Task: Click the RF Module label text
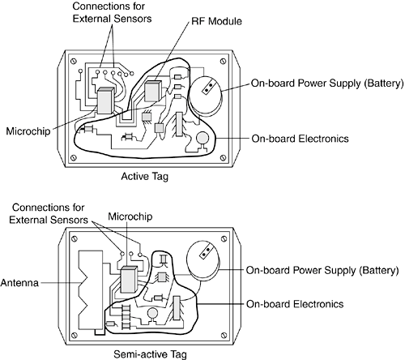(216, 21)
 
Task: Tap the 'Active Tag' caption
(145, 176)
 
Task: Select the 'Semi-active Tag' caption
(150, 354)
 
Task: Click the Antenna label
(19, 283)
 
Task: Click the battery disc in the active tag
(205, 95)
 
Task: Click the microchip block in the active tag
(105, 101)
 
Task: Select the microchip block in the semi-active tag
(129, 280)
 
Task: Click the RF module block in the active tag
(153, 91)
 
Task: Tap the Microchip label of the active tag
(28, 131)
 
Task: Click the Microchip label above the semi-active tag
(130, 216)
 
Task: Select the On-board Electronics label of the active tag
(300, 139)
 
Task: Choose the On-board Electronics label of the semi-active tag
(295, 304)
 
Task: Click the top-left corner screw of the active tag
(73, 62)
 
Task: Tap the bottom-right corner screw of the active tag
(223, 157)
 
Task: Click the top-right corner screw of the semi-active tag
(224, 239)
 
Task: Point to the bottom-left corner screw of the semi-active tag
(74, 335)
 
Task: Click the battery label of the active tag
(327, 84)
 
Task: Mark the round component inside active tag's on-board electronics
(202, 138)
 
